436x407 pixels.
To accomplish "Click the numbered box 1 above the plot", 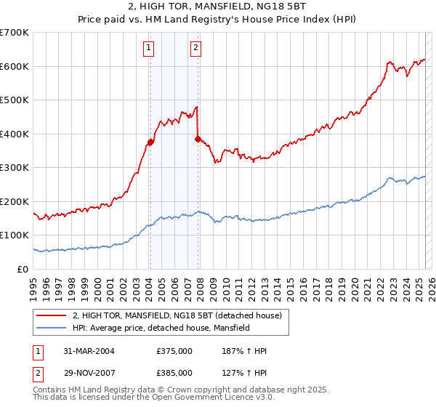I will click(x=148, y=49).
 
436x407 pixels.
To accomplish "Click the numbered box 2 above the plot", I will click(x=196, y=49).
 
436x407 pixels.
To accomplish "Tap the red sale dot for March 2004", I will click(x=150, y=142).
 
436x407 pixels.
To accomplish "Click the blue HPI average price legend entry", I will click(x=161, y=328).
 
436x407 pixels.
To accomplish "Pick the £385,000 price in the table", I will click(x=174, y=372).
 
